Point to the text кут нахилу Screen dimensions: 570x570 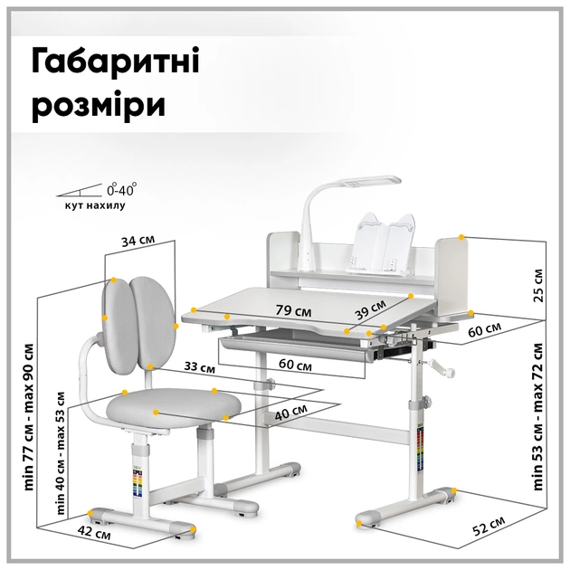(x=95, y=206)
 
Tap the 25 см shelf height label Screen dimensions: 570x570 (x=539, y=284)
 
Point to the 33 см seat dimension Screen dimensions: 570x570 (x=198, y=368)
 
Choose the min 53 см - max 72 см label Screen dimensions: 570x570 (x=539, y=416)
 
